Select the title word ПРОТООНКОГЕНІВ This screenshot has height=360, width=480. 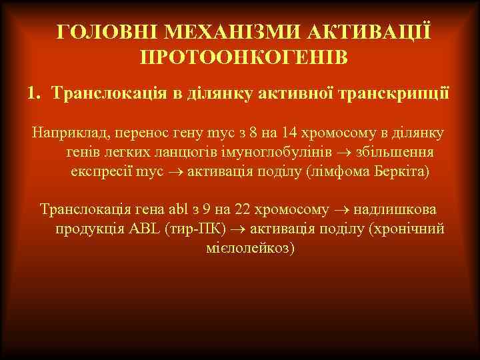(243, 56)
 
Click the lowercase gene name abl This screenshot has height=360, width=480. (185, 209)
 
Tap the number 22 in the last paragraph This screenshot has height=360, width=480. (243, 209)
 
